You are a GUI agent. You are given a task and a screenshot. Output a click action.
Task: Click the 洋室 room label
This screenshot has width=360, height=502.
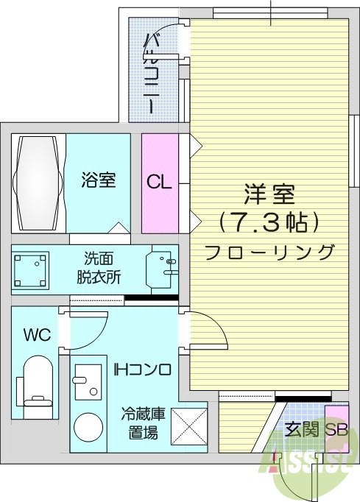pyautogui.click(x=269, y=196)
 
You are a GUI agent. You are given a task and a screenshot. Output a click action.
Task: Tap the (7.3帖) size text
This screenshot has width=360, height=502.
pyautogui.click(x=269, y=222)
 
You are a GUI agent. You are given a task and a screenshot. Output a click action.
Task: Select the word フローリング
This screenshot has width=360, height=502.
pyautogui.click(x=269, y=252)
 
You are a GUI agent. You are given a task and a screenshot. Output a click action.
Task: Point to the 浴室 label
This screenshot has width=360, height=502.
pyautogui.click(x=98, y=180)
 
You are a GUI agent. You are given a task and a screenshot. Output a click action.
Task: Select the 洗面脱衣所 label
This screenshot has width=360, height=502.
pyautogui.click(x=100, y=269)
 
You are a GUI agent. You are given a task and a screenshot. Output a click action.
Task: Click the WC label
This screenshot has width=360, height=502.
pyautogui.click(x=36, y=336)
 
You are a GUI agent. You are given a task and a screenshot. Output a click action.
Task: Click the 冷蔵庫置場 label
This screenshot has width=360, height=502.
pyautogui.click(x=143, y=423)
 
